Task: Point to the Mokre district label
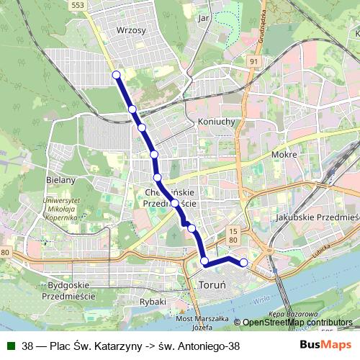pos(284,154)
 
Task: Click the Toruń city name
pos(212,286)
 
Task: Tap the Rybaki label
pos(155,302)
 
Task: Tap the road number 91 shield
pos(254,62)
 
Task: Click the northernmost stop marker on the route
pos(116,74)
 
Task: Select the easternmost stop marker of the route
pos(243,263)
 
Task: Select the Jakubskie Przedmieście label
pos(317,216)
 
